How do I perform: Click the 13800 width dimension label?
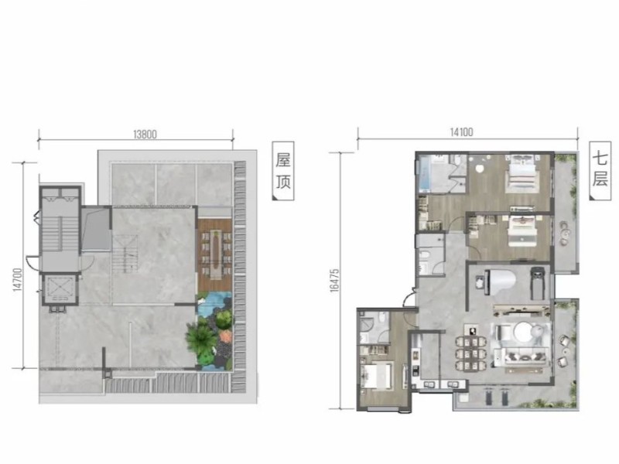pos(145,134)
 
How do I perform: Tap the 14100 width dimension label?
pos(461,131)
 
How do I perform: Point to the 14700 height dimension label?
pos(17,280)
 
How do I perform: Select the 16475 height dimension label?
pos(334,281)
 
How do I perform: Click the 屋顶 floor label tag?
pos(283,171)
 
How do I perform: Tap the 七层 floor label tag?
pos(600,169)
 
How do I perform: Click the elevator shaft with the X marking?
pos(60,288)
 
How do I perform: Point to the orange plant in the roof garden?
pos(224,336)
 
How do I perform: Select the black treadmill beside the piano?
pos(537,283)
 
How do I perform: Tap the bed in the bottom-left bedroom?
pos(377,377)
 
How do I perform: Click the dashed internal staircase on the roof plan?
pos(125,254)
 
